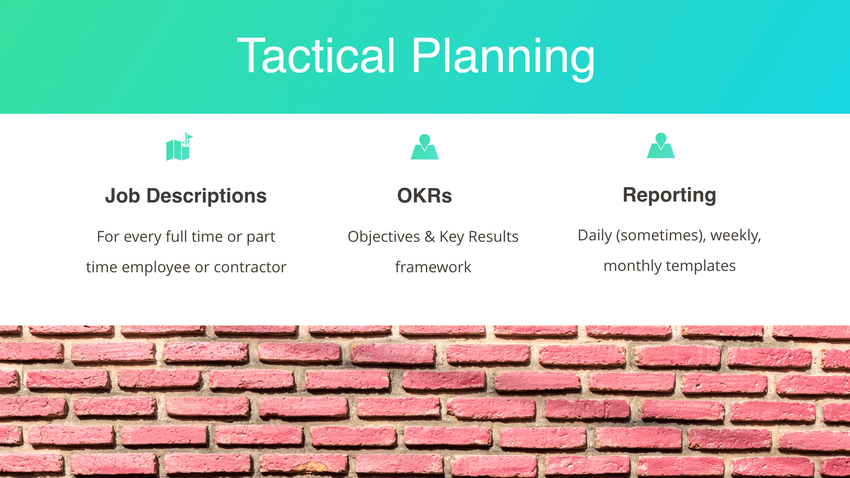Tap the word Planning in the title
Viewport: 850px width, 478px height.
(503, 59)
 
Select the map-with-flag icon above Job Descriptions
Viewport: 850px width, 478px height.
(179, 147)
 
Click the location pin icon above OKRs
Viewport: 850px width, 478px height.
(425, 147)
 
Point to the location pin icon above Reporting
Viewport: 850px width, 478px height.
(661, 146)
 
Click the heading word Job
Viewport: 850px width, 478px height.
(122, 196)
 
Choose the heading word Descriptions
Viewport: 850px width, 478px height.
(206, 196)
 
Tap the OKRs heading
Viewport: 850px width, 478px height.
(425, 196)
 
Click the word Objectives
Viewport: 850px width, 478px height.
(384, 237)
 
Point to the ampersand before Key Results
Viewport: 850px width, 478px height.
(430, 237)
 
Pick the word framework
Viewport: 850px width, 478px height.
(433, 267)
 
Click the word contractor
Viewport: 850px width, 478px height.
(250, 267)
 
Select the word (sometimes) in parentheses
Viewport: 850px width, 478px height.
(661, 235)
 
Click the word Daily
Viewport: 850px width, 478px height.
(595, 236)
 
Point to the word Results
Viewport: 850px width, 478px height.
(493, 237)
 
